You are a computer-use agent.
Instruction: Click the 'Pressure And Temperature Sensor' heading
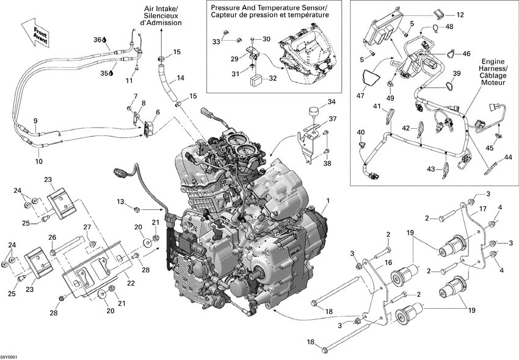(x=269, y=7)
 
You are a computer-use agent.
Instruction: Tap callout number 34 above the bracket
(x=332, y=102)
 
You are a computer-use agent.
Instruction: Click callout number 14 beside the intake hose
(x=180, y=77)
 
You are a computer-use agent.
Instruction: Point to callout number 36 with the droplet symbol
(x=96, y=40)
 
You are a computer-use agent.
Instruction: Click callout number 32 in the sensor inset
(x=272, y=78)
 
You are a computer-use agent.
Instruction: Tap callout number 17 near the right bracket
(x=483, y=209)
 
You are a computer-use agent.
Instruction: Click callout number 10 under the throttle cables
(x=38, y=162)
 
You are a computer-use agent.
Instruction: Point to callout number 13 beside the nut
(x=121, y=202)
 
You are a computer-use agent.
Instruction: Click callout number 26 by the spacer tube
(x=52, y=237)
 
